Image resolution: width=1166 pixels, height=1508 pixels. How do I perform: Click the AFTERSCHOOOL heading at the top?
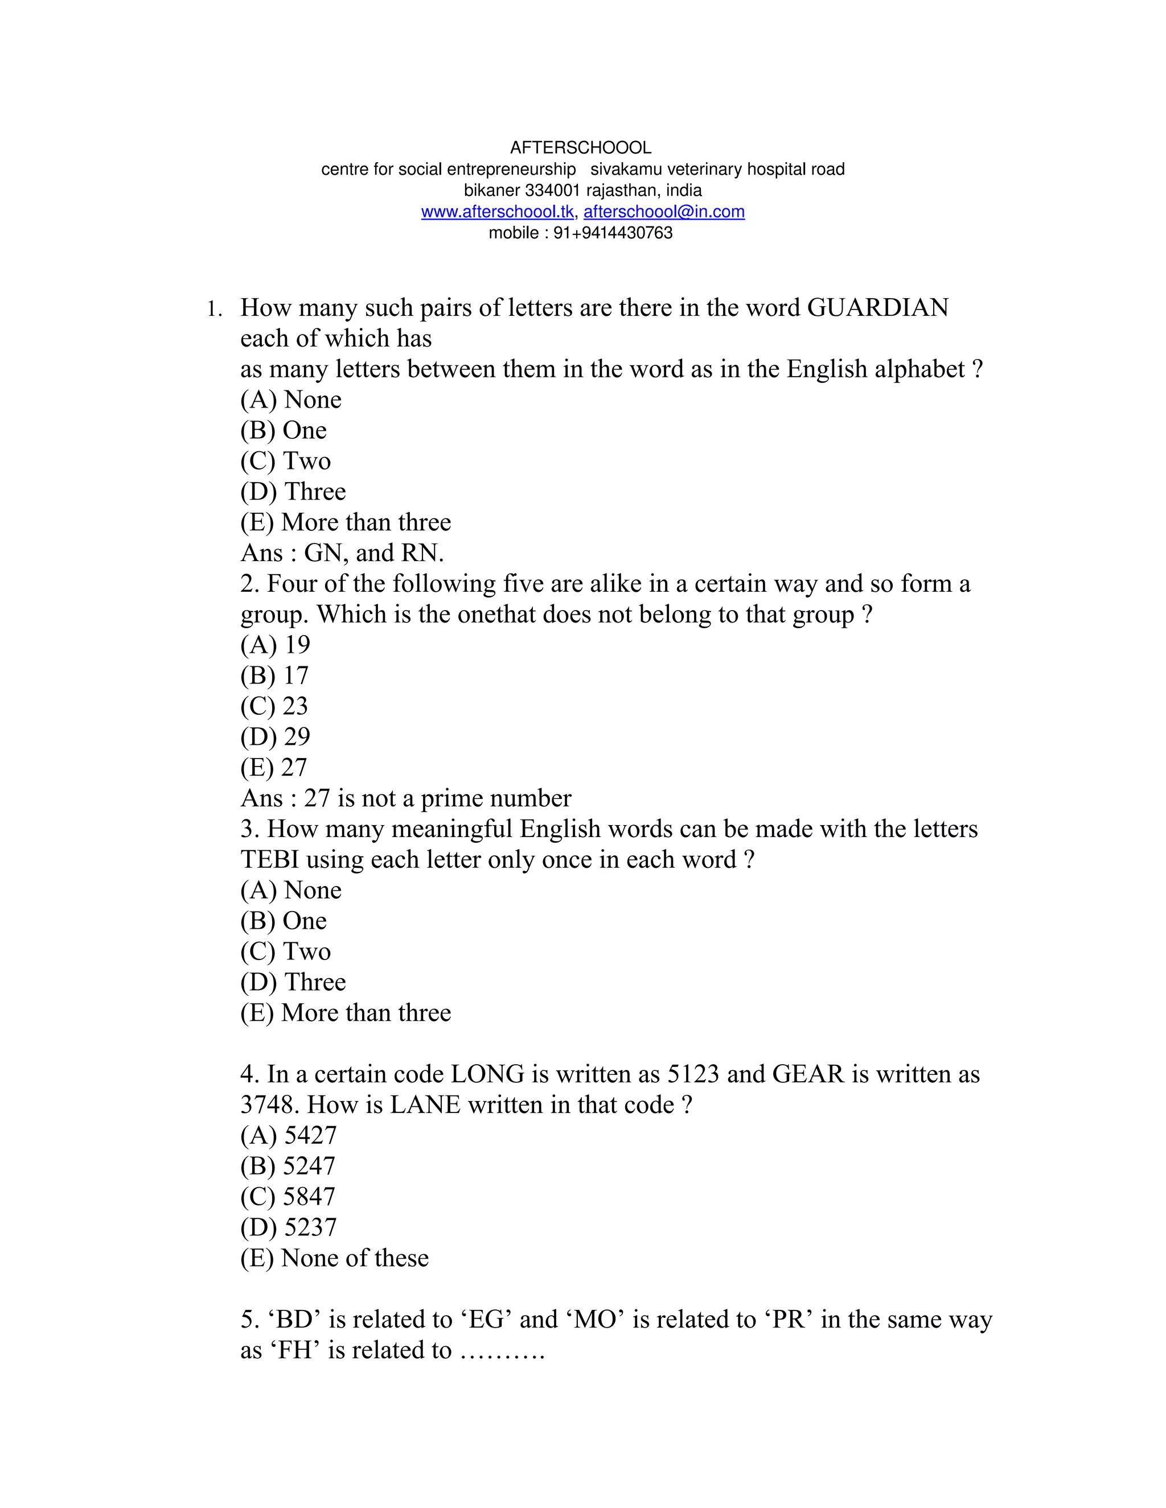click(580, 148)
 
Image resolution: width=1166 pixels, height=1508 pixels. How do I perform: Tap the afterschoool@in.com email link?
click(664, 212)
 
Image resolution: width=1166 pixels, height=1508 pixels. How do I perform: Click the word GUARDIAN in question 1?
click(878, 308)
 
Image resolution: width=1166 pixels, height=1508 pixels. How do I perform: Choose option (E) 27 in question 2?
click(273, 768)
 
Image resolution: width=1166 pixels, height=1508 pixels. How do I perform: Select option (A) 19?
click(275, 645)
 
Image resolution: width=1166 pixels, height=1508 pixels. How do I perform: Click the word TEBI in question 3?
click(269, 860)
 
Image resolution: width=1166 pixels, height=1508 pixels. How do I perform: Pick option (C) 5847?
click(288, 1197)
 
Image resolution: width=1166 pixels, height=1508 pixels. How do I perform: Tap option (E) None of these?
click(334, 1258)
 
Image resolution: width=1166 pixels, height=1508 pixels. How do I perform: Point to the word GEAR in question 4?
click(808, 1074)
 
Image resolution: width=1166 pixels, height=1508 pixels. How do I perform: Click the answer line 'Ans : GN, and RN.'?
click(342, 553)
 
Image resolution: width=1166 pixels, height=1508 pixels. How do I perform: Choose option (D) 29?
click(275, 737)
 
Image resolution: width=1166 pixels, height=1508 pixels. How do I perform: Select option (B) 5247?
click(288, 1166)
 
